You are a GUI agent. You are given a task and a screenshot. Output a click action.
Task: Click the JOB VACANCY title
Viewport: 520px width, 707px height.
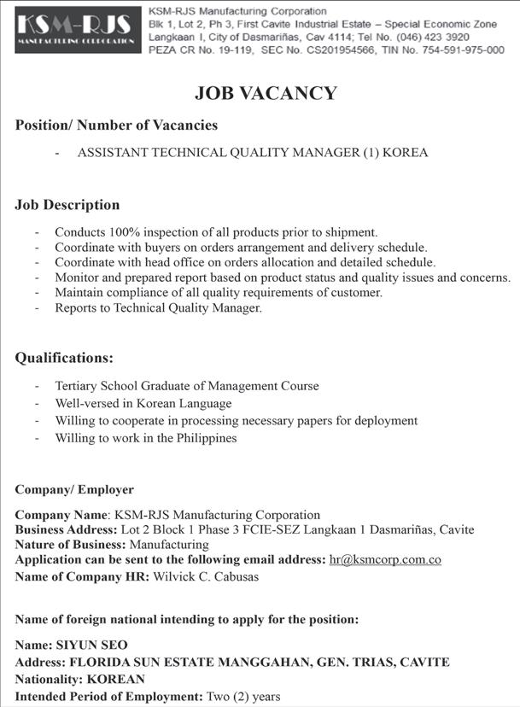point(266,93)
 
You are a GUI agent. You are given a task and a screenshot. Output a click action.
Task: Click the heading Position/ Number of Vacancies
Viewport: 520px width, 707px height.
point(116,126)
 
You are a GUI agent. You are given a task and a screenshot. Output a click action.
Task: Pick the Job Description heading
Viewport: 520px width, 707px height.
point(67,205)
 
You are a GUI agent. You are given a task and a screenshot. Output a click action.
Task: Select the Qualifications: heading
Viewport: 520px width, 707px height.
point(64,358)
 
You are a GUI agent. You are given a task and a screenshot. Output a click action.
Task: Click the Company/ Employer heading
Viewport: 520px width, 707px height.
point(74,490)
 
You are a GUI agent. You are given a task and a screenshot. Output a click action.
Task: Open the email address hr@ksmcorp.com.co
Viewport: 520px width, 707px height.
point(384,560)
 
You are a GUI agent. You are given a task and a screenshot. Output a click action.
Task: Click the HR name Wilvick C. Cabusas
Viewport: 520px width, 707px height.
point(206,576)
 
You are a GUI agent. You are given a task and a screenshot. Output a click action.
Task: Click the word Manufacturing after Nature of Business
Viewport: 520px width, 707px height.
point(169,545)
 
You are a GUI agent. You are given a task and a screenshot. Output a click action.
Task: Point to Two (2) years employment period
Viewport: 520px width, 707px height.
point(243,697)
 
